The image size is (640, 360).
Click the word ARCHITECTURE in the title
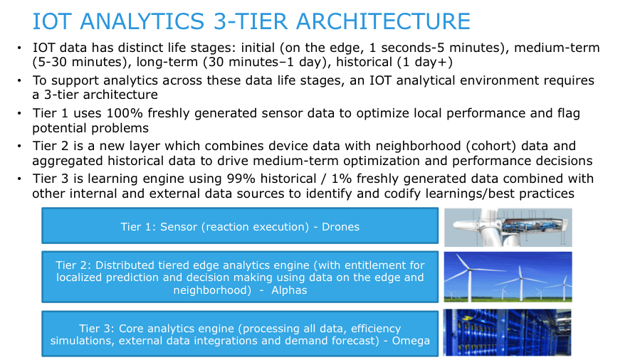(383, 21)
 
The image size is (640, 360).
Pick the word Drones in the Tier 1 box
(340, 227)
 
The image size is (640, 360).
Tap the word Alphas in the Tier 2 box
(289, 290)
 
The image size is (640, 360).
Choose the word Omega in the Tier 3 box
(411, 340)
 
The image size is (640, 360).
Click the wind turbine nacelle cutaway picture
(508, 227)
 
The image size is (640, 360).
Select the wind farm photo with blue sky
(508, 277)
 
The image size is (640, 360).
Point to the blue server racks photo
(508, 332)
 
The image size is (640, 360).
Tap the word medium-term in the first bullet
(557, 48)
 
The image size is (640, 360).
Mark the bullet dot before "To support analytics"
(19, 80)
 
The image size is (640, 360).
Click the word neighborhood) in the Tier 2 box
(212, 290)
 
